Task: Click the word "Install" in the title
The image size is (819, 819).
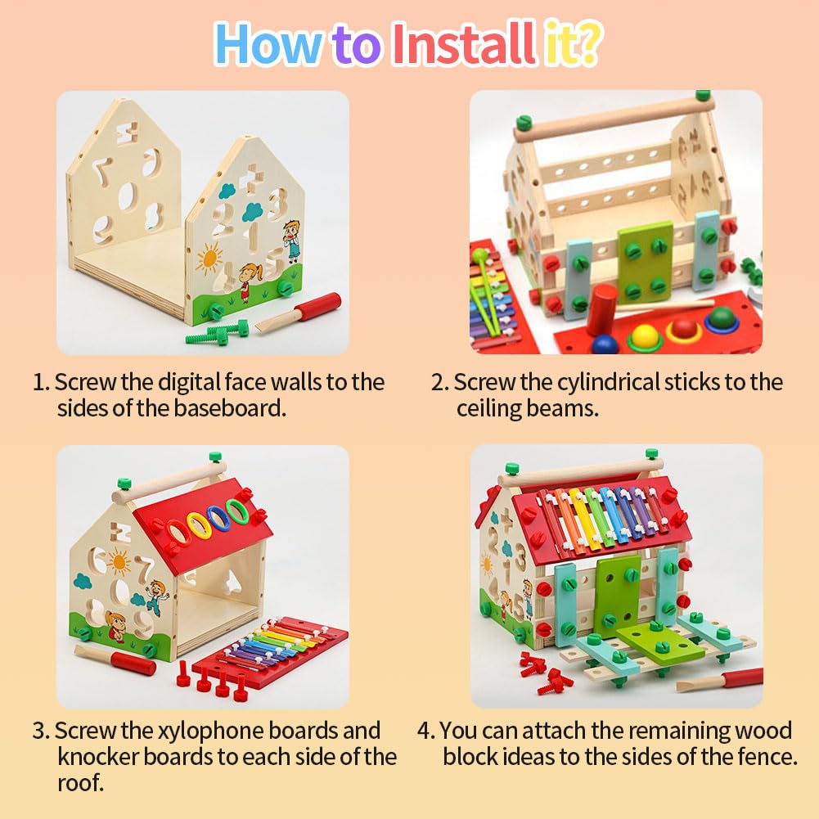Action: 463,44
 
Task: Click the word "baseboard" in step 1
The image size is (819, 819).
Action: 229,408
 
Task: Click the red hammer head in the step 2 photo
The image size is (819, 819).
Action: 603,308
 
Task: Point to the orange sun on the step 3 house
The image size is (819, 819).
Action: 118,563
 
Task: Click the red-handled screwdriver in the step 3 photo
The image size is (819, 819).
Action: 115,660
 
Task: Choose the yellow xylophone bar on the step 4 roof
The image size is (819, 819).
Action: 581,518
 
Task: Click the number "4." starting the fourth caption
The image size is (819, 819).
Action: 425,731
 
